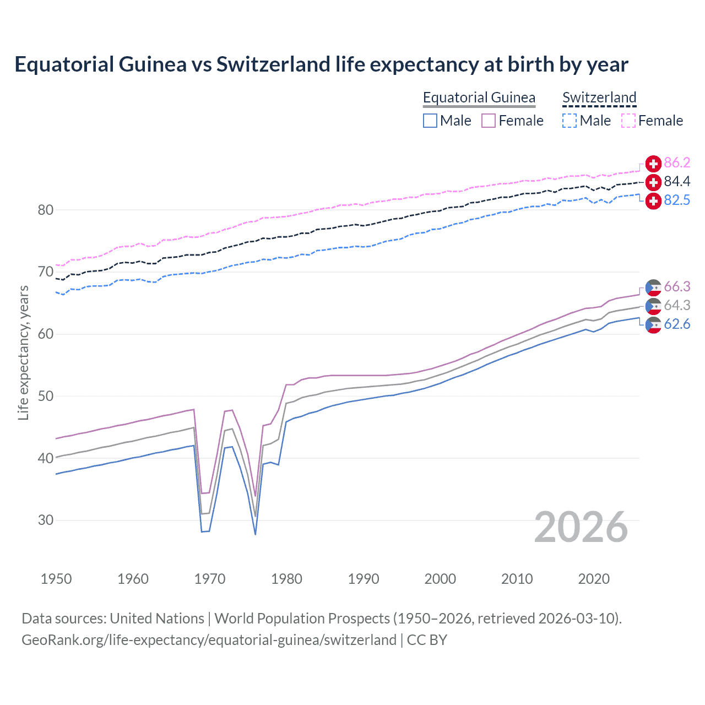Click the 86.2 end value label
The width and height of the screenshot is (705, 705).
677,162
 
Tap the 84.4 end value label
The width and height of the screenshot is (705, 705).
677,181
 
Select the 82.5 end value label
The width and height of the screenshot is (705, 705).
677,200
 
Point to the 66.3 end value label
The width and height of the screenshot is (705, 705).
677,286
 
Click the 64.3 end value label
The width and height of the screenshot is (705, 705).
677,305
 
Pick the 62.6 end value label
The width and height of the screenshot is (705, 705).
677,324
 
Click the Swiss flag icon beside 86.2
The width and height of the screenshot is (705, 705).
653,164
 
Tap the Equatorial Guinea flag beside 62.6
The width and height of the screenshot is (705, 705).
653,325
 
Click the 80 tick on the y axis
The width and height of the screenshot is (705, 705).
46,210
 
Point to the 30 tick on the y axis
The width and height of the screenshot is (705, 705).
46,520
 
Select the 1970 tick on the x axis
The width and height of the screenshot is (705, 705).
210,579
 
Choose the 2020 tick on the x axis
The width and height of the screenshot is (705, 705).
594,579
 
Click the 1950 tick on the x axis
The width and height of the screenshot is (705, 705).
56,579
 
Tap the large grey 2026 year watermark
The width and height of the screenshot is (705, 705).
581,527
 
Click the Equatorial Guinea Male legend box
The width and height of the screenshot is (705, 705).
430,121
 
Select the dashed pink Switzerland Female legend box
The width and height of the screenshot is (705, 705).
628,121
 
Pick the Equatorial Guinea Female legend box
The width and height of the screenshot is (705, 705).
489,121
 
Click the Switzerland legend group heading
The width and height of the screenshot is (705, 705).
599,97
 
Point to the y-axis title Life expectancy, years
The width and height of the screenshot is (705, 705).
23,352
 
